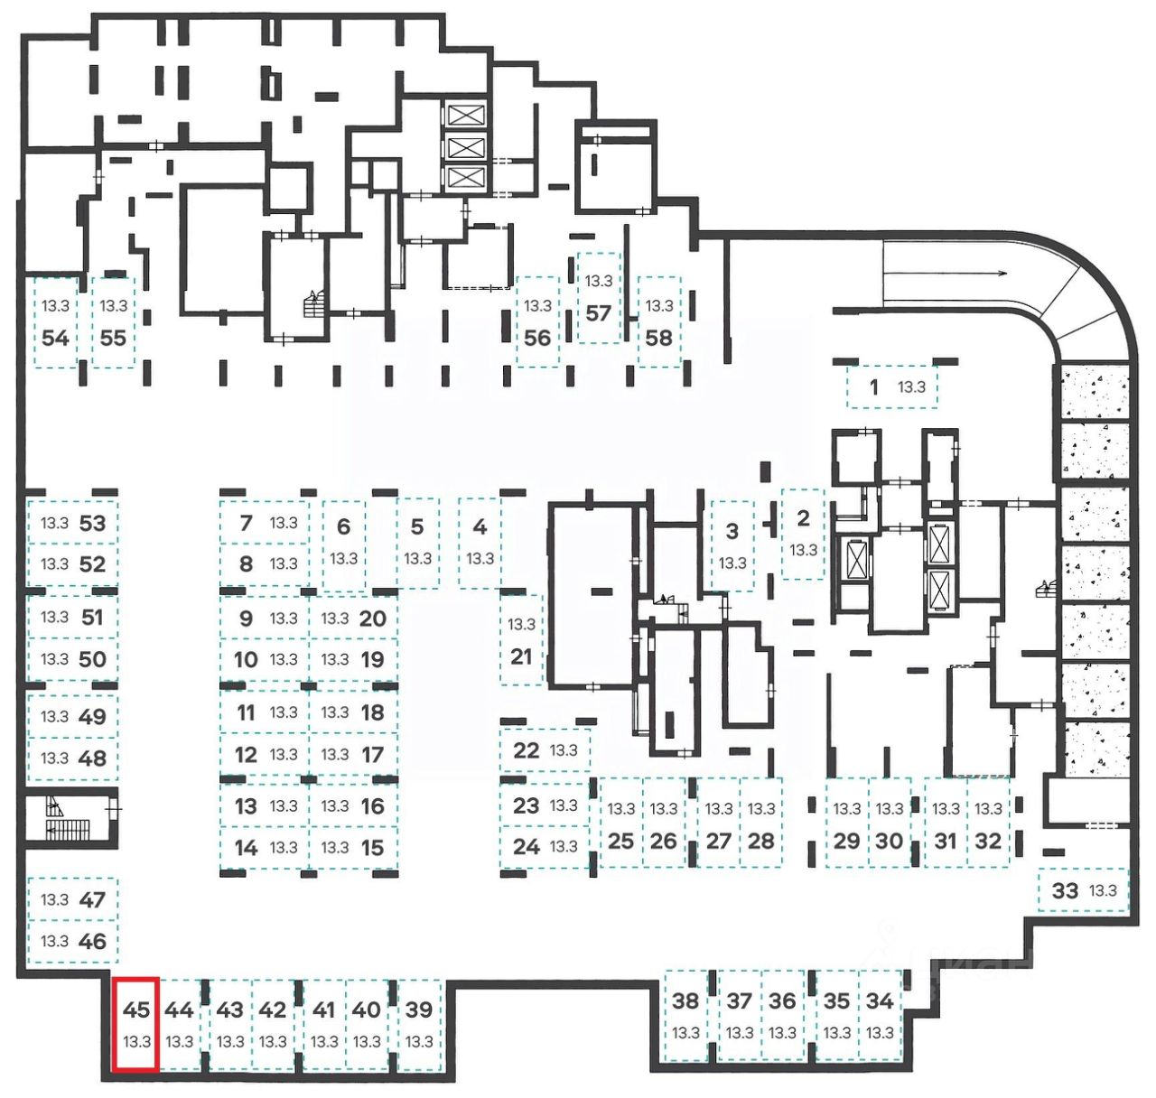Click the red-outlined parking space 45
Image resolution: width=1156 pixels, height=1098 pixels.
coord(136,1024)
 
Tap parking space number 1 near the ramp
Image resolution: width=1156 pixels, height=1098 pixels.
coord(891,387)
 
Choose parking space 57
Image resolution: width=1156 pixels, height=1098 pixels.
coord(599,299)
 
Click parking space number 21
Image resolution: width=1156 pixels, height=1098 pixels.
coord(522,639)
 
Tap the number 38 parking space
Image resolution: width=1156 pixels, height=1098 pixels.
coord(686,1015)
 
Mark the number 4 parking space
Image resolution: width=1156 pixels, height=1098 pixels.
coord(480,542)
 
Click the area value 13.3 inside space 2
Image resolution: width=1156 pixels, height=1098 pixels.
coord(803,550)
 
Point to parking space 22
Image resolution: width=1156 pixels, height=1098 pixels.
coord(545,749)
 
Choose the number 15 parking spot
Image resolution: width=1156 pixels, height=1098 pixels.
coord(352,848)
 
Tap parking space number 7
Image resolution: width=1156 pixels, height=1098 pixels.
coord(265,523)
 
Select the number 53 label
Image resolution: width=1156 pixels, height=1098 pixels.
coord(92,523)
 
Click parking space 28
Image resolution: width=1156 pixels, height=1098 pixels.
coord(761,823)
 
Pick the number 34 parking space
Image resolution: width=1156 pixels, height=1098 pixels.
coord(880,1015)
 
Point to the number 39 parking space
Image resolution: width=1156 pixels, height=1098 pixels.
coord(419,1024)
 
